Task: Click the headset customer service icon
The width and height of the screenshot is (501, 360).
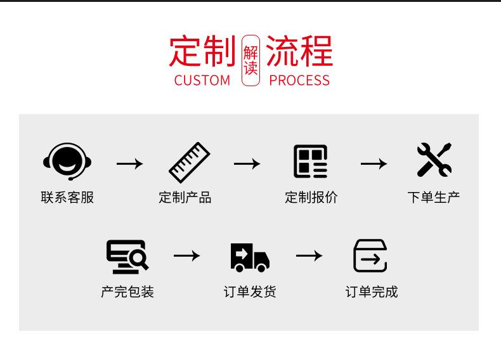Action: pyautogui.click(x=67, y=162)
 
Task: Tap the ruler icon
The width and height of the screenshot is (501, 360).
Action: pyautogui.click(x=189, y=163)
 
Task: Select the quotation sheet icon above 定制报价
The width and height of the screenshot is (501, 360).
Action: pyautogui.click(x=310, y=161)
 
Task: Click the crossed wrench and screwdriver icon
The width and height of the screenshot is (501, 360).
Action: pyautogui.click(x=434, y=160)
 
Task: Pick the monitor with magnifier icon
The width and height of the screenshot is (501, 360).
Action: pyautogui.click(x=127, y=257)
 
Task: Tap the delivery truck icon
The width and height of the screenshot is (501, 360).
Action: pyautogui.click(x=250, y=257)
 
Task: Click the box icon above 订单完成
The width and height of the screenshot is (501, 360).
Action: pyautogui.click(x=370, y=256)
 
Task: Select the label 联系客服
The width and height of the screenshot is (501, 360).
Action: pyautogui.click(x=67, y=198)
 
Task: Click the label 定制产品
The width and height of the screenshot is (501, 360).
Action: pyautogui.click(x=185, y=198)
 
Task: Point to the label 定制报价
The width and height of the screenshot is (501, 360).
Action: pyautogui.click(x=311, y=198)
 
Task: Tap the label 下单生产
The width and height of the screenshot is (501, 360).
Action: pyautogui.click(x=434, y=198)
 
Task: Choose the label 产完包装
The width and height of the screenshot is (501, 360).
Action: pyautogui.click(x=127, y=292)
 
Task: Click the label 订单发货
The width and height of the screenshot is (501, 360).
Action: pyautogui.click(x=250, y=292)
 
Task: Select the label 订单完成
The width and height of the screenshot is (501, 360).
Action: pyautogui.click(x=372, y=292)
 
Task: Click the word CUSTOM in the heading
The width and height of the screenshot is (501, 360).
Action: pyautogui.click(x=202, y=80)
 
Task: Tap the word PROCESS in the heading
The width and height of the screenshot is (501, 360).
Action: pyautogui.click(x=299, y=80)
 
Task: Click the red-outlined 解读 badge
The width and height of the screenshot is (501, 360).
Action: pyautogui.click(x=251, y=60)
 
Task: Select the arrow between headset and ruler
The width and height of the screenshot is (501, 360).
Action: pyautogui.click(x=129, y=164)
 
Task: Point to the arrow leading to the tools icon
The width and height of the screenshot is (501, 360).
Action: pyautogui.click(x=374, y=164)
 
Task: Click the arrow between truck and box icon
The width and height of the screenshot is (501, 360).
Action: pyautogui.click(x=309, y=255)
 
